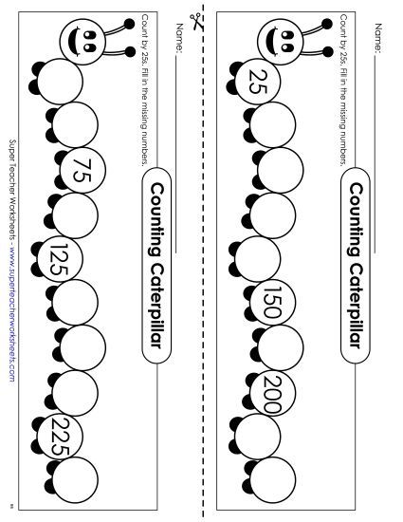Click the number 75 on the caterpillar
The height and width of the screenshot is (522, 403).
(x=79, y=172)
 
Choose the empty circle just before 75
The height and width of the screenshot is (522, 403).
(x=71, y=126)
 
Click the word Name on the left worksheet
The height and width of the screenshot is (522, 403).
(x=177, y=42)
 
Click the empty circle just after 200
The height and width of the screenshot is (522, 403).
(x=257, y=436)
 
